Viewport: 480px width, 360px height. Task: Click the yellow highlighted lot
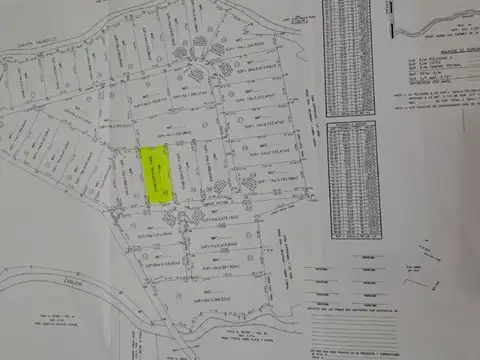[154, 175]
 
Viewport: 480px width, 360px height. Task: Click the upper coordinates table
[351, 55]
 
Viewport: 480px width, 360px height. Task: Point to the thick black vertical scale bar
[387, 20]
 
